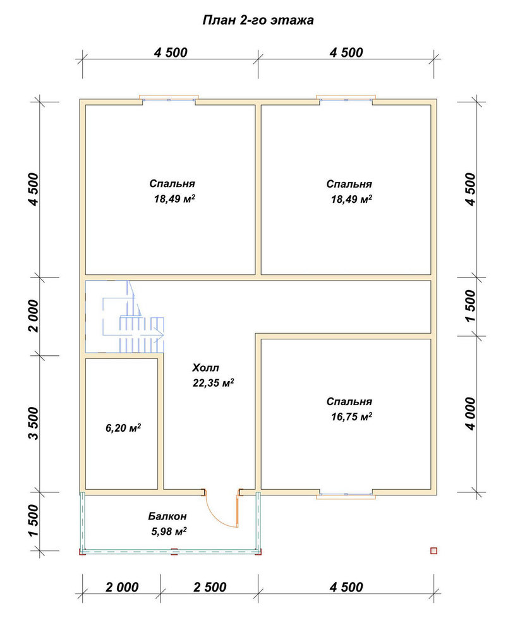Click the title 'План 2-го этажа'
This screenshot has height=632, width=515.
258,20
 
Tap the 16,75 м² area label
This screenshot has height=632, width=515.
351,416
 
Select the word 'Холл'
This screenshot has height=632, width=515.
205,368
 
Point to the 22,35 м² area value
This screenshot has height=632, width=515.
213,382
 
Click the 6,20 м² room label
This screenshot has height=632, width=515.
123,427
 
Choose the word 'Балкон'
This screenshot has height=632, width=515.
167,516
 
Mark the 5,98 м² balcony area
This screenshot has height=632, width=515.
169,532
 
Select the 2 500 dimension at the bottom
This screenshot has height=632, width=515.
210,587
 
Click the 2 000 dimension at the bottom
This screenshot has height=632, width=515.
122,587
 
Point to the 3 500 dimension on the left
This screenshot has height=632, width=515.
34,423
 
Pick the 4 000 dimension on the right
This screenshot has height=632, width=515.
470,413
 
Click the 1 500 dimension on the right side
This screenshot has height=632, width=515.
470,306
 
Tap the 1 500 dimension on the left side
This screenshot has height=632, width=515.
34,521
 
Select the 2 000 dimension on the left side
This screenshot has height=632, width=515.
34,315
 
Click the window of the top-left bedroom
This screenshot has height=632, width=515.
169,99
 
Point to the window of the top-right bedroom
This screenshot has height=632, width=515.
346,99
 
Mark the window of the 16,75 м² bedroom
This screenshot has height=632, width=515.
346,495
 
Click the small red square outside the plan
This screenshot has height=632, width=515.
434,550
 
